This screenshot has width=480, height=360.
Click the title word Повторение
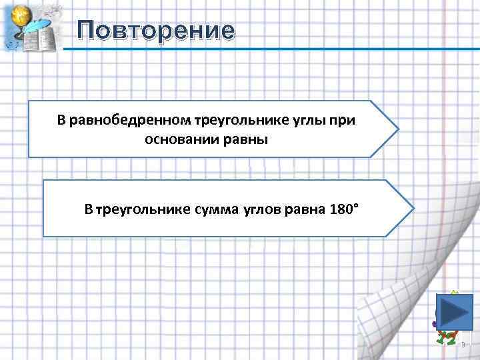pos(155,30)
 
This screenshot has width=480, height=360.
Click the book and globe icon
pos(32,28)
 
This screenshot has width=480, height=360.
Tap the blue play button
pos(454,311)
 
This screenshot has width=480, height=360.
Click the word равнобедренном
pos(129,121)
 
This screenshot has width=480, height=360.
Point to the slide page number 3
pos(463,345)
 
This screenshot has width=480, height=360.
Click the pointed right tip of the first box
pos(397,129)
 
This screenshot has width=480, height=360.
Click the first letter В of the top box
pos(61,121)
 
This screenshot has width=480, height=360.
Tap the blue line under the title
pos(267,49)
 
